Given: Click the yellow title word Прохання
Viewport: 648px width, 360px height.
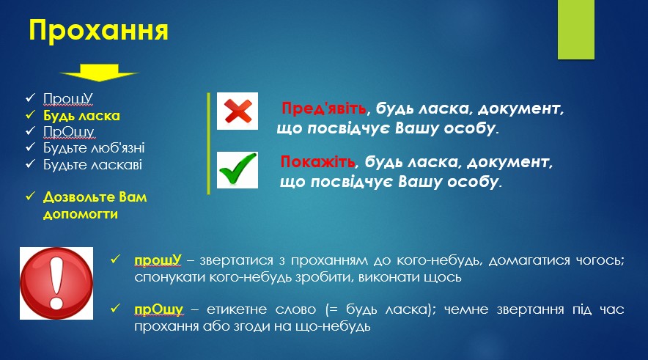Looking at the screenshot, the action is pos(98,31).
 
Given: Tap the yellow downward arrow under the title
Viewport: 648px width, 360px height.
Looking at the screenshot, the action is pos(99,73).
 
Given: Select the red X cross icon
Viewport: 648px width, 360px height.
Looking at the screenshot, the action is pos(238,111).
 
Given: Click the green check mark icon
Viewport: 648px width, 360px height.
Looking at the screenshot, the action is pos(238,170).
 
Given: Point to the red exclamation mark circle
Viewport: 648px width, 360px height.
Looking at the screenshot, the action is pos(56,283).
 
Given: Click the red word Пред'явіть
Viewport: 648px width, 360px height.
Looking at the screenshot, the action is pos(324,109).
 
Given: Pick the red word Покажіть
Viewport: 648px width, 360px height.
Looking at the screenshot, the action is pos(317,161).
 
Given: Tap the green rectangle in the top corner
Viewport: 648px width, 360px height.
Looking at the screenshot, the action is pos(576,30).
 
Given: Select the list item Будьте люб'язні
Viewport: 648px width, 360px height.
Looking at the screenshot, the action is pos(94,148).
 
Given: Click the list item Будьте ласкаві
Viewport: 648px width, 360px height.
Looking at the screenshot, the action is pos(92,164).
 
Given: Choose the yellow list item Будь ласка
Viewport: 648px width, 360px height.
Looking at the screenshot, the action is pos(81,115).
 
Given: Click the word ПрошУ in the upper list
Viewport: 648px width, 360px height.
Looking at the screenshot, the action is pos(67,99).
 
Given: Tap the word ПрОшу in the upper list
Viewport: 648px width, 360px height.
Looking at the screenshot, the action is pos(69,132).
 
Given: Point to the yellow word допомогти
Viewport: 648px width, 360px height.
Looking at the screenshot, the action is pos(81,214).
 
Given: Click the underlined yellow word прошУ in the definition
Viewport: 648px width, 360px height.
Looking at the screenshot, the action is pos(158,260).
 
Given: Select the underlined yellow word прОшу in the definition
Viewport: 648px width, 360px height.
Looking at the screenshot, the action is pos(158,309).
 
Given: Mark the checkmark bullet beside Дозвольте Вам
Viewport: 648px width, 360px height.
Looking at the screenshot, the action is pos(31,196).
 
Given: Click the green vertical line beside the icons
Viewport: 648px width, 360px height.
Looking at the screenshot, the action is pos(209,144).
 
